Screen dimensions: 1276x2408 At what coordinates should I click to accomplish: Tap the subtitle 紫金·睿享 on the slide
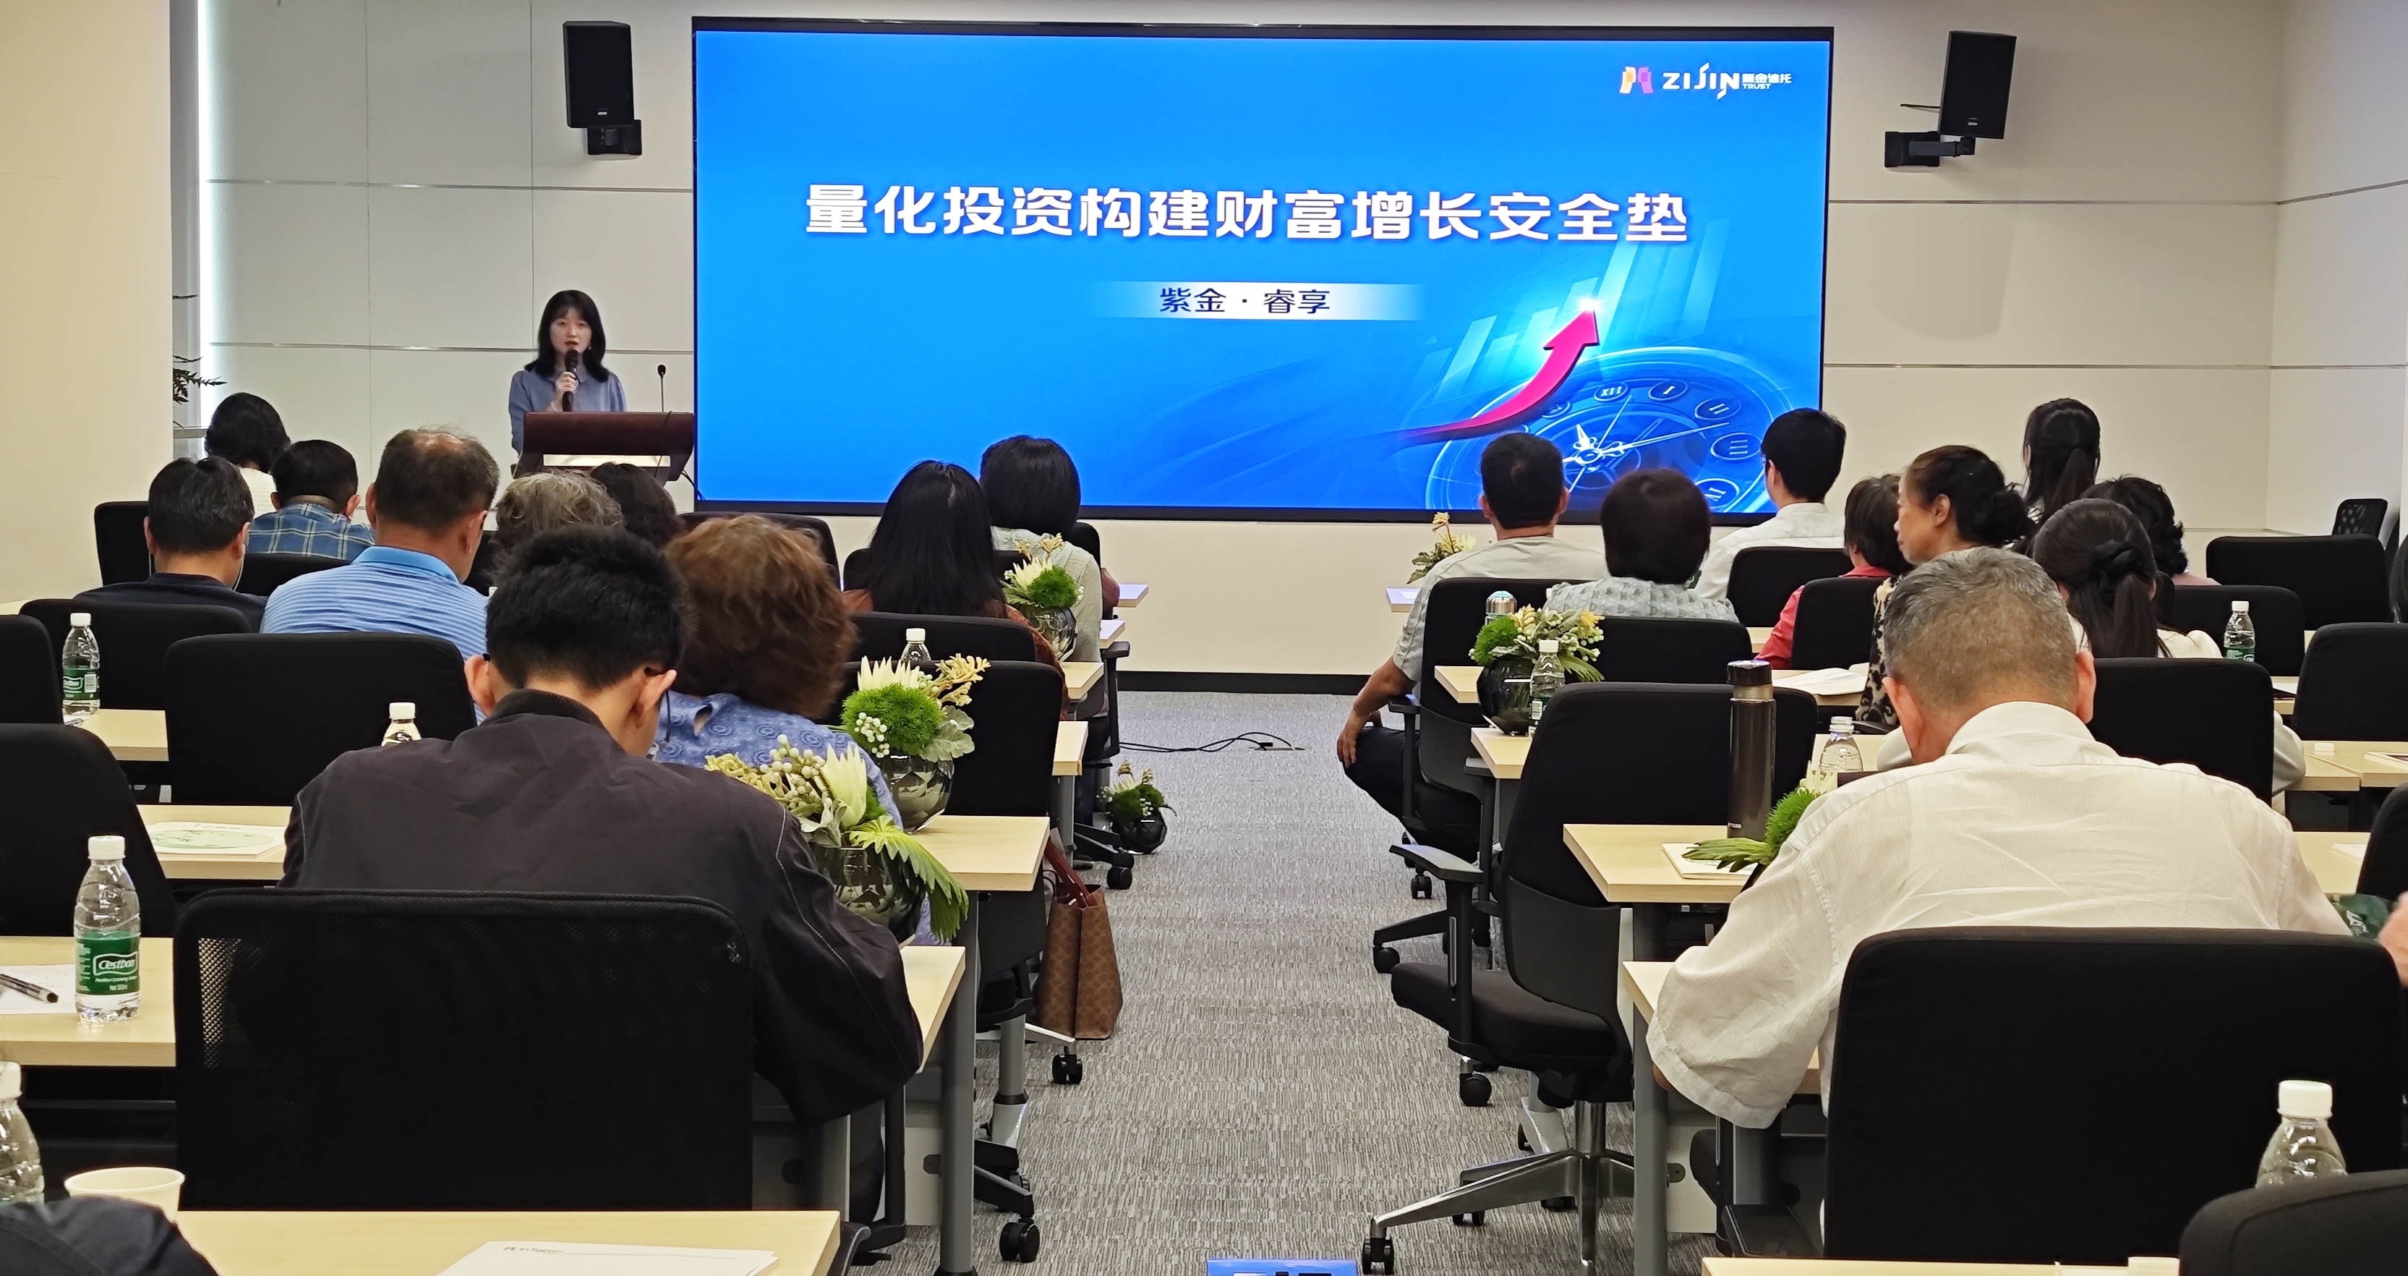(x=1243, y=302)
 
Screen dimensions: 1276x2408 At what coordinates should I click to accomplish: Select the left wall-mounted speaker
(x=599, y=76)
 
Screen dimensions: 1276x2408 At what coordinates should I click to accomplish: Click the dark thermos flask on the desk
(x=1750, y=748)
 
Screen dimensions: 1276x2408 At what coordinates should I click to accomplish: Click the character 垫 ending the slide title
(x=1655, y=217)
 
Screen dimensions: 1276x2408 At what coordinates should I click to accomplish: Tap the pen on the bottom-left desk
(x=28, y=986)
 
